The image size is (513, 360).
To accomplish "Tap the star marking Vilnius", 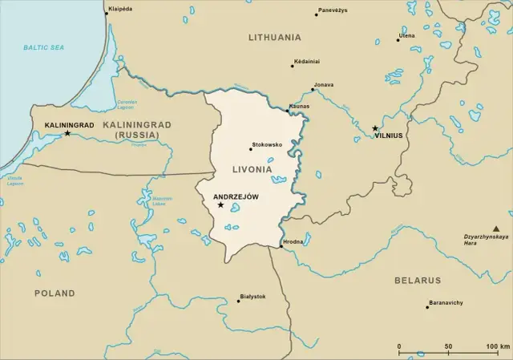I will (375, 128).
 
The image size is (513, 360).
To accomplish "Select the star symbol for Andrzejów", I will (220, 205).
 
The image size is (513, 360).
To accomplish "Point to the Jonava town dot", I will (313, 90).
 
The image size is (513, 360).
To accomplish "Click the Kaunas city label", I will (299, 107).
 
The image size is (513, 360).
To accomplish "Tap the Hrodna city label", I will (293, 242).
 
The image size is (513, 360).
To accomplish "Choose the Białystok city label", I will (252, 297).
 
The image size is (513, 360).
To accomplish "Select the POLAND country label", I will (55, 293).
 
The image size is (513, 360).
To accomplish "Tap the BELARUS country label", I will (417, 281).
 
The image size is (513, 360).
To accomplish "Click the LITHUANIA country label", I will (275, 38).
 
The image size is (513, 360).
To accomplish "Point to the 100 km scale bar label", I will (497, 347).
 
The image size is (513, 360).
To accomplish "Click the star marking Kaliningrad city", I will (67, 133).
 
